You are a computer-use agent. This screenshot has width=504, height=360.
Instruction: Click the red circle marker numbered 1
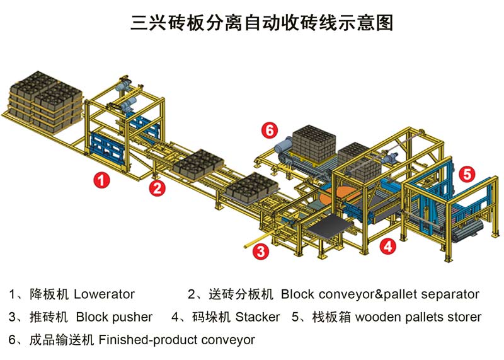pyautogui.click(x=102, y=180)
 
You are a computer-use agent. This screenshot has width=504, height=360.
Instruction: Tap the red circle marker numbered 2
pyautogui.click(x=157, y=187)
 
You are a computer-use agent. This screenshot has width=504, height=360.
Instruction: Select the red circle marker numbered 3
pyautogui.click(x=260, y=252)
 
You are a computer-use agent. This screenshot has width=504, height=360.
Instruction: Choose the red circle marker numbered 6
pyautogui.click(x=269, y=131)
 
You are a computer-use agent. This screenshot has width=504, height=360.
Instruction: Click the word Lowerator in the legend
pyautogui.click(x=104, y=294)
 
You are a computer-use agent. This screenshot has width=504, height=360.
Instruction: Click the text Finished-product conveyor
pyautogui.click(x=176, y=340)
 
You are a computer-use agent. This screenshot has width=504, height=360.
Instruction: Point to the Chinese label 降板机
pyautogui.click(x=49, y=294)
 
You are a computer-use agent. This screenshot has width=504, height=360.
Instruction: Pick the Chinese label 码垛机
pyautogui.click(x=210, y=317)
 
